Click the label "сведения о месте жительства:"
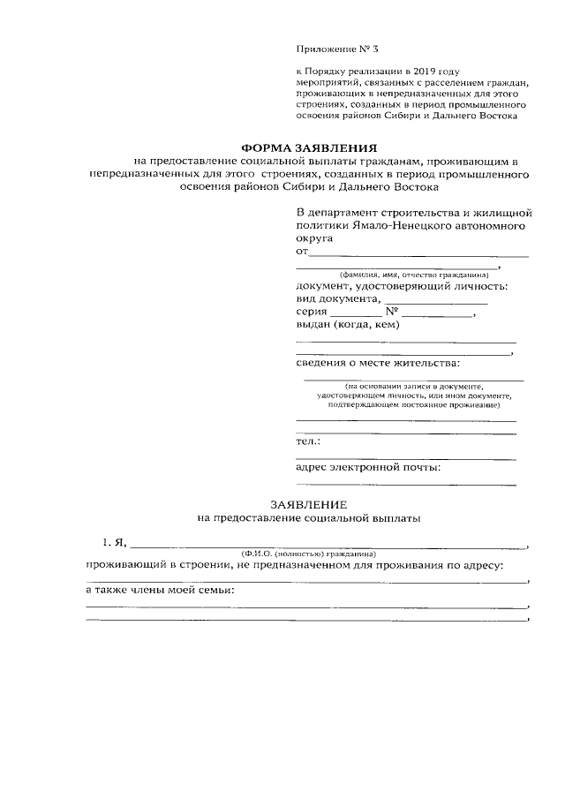click(378, 363)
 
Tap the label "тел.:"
click(307, 441)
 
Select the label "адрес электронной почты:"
click(368, 467)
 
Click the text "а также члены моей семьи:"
click(160, 590)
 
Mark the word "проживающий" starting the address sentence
click(124, 565)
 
